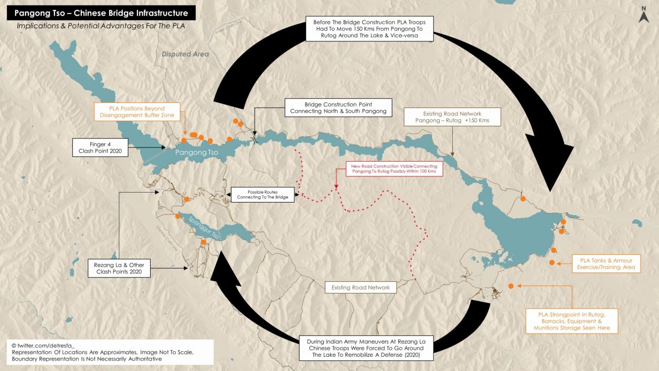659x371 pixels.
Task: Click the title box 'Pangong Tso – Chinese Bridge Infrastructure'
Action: coord(101,13)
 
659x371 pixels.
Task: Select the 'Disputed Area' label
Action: coord(185,54)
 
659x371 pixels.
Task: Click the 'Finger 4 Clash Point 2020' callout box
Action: coord(100,147)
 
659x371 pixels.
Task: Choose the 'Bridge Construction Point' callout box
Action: coord(338,108)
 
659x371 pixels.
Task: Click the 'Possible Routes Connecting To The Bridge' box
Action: coord(263,194)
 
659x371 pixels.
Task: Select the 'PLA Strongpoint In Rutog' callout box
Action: coord(572,321)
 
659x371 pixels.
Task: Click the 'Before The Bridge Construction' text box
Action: coord(369,29)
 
